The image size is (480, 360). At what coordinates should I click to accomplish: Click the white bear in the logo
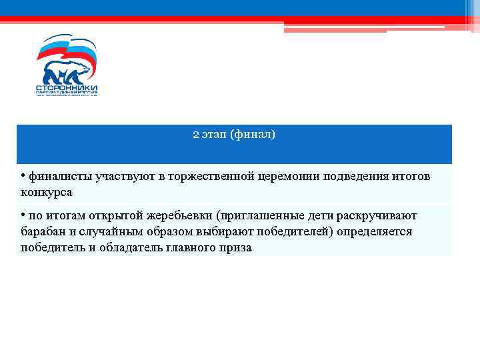(x=66, y=70)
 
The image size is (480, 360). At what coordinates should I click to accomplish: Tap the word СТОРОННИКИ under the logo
(x=66, y=87)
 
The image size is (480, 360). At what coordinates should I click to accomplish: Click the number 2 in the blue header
(x=195, y=135)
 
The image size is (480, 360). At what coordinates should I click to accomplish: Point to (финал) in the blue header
(x=252, y=135)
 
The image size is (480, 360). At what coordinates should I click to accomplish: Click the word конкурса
(x=46, y=192)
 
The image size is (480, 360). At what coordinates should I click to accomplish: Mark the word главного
(x=196, y=247)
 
